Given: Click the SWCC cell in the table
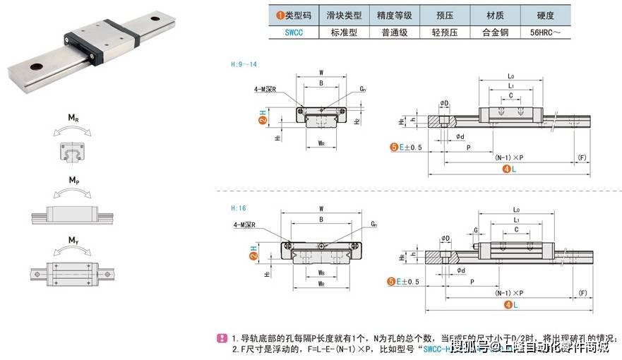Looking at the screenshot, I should tap(293, 32).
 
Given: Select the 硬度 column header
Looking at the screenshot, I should tap(545, 15).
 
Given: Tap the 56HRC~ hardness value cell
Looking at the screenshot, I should tap(545, 32).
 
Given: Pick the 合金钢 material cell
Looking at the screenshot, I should tap(495, 32).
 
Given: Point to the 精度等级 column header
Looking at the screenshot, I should tap(394, 15).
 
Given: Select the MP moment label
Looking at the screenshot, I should tap(73, 181).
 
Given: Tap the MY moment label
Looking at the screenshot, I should tap(73, 241).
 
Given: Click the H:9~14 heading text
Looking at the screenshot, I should tap(244, 64).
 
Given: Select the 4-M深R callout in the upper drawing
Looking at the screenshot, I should tap(263, 89).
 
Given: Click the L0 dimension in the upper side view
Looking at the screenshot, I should tap(511, 74).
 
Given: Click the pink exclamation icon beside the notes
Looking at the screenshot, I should tap(221, 337).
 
